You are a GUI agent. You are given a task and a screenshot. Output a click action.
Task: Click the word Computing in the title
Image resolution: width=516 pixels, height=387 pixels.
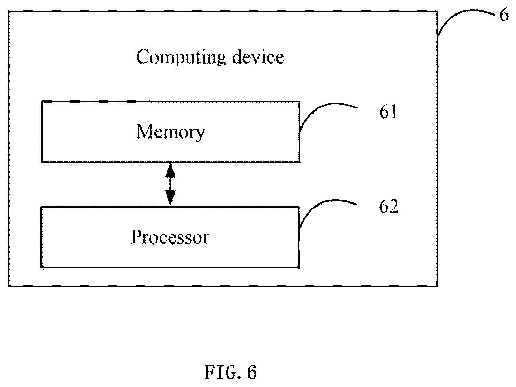point(181,58)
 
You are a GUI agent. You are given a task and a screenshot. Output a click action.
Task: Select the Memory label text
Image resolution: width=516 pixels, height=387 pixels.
point(171,132)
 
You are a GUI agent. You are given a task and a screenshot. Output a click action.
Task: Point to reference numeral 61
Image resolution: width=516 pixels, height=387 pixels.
point(388,112)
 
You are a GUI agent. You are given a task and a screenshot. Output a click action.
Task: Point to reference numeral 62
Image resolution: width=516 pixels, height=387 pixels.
point(388,207)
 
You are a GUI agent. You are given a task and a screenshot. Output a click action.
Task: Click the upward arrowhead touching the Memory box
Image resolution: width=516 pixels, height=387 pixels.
point(170,170)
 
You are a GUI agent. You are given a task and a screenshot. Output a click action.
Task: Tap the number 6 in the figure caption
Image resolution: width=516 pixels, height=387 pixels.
point(252,373)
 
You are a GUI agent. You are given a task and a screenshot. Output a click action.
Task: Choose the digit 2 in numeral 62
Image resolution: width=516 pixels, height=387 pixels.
point(394,207)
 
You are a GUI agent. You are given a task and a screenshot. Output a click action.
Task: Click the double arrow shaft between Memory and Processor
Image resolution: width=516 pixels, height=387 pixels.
point(170,184)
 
